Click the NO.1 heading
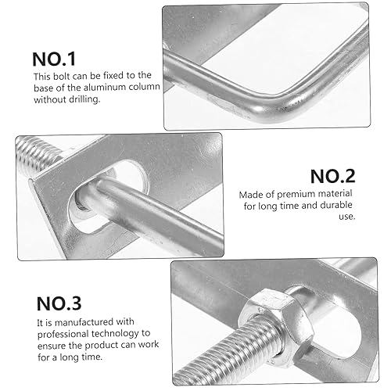64,59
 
